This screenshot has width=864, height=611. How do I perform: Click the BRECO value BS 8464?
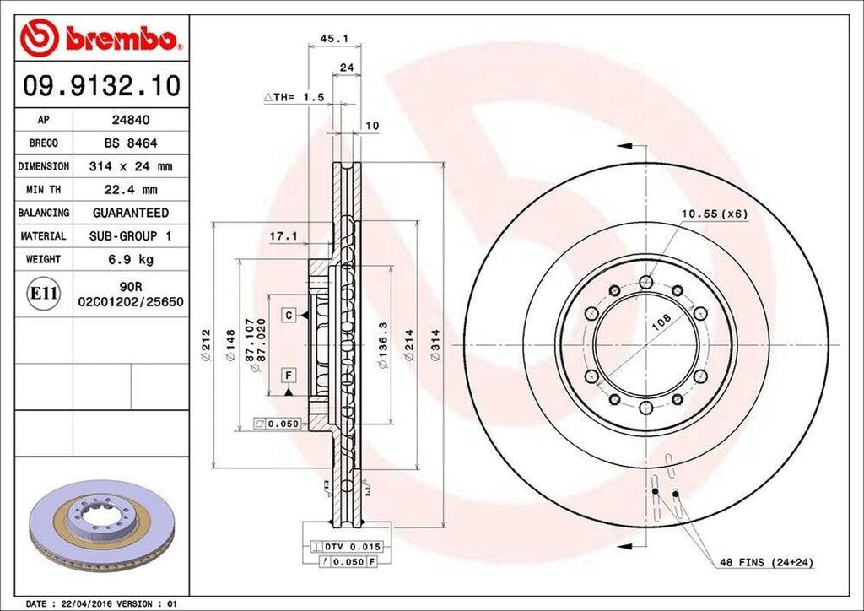tap(130, 143)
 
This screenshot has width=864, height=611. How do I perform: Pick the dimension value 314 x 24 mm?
tap(130, 166)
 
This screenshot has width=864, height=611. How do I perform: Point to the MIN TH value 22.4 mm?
tap(130, 190)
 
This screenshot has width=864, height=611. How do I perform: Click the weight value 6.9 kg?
tap(130, 259)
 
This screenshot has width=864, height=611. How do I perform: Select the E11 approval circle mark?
tap(44, 293)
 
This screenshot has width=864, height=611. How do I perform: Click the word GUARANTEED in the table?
tap(130, 213)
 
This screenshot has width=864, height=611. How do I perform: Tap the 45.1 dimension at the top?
tap(329, 38)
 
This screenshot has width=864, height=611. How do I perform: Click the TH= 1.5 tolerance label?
tap(295, 98)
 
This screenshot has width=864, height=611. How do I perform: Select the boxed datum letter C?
tap(289, 315)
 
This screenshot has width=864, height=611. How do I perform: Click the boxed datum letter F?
tap(289, 374)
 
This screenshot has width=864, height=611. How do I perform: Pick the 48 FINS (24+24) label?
tap(765, 562)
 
